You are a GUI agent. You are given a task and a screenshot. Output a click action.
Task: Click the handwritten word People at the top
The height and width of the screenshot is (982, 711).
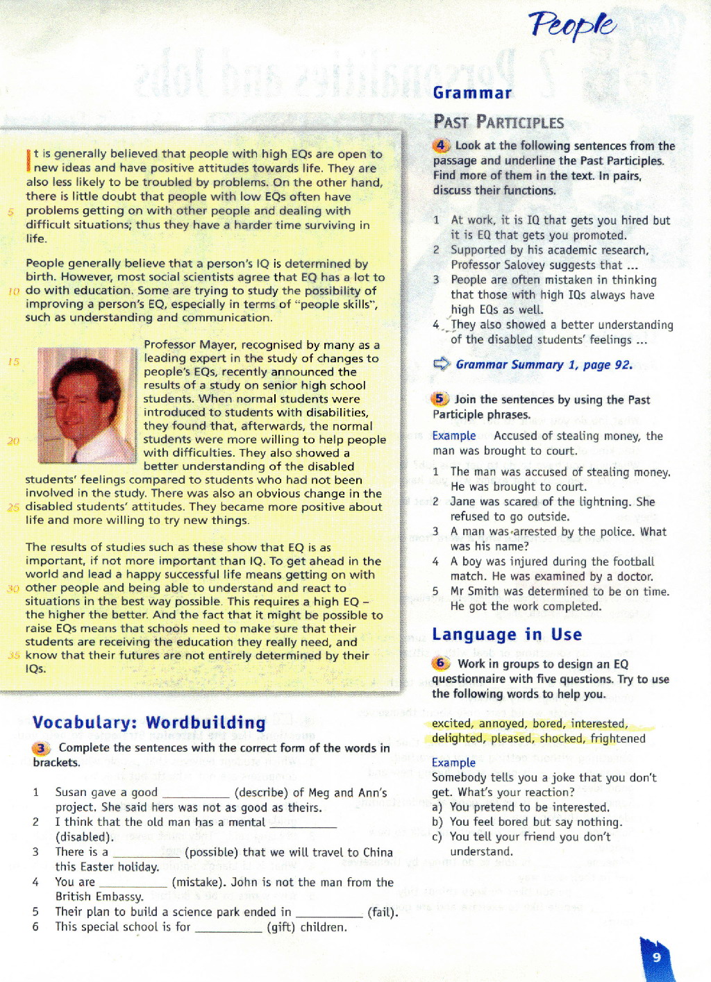[572, 26]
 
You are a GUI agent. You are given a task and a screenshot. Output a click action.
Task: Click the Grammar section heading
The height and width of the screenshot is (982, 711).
[472, 93]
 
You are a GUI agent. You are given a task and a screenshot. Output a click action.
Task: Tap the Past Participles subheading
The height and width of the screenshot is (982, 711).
[499, 123]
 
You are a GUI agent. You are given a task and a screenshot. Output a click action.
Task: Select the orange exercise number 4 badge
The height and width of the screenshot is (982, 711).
[441, 146]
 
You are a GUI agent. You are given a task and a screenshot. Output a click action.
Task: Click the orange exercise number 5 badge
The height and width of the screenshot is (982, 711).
[440, 399]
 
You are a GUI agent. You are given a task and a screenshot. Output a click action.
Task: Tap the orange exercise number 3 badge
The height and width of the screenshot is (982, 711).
[42, 748]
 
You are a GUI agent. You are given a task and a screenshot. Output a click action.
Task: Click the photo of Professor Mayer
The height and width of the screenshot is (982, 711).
[86, 405]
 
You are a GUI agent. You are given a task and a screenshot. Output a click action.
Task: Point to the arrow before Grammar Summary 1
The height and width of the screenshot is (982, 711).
[442, 364]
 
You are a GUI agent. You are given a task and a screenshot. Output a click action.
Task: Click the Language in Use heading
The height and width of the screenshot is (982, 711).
[507, 634]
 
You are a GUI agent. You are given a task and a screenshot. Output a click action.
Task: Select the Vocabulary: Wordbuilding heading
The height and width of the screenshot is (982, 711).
[149, 722]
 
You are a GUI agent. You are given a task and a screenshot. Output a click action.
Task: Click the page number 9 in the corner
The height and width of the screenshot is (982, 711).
[656, 958]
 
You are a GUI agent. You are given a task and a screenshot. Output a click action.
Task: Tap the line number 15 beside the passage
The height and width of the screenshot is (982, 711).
[14, 362]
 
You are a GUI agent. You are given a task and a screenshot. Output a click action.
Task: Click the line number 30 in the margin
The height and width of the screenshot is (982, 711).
[13, 589]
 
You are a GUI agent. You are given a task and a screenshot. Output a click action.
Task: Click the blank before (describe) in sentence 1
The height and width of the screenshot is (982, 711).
[195, 793]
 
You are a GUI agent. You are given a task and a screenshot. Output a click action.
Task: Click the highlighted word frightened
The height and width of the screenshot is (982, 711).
[618, 738]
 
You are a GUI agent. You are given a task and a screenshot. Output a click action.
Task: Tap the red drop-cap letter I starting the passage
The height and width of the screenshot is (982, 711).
[28, 160]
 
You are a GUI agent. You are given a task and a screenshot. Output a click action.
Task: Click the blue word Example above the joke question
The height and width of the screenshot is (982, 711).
[453, 762]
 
